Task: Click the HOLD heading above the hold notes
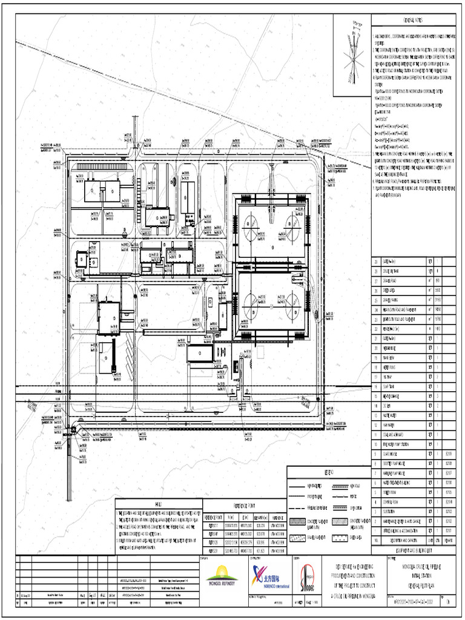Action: tap(159, 504)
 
